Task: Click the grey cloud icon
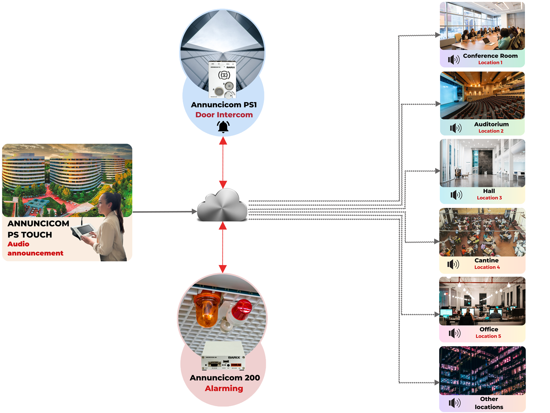[222, 206]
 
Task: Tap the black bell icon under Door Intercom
[223, 127]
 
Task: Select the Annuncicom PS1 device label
[224, 105]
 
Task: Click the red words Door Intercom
[224, 115]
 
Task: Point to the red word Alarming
[224, 388]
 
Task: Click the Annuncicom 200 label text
[224, 378]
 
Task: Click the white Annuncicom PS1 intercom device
[223, 80]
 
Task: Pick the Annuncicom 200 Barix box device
[223, 356]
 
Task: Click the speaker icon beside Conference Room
[454, 60]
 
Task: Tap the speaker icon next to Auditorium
[456, 128]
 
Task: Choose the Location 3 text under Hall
[489, 198]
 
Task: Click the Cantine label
[486, 261]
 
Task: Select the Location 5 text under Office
[488, 336]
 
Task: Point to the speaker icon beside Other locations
[454, 403]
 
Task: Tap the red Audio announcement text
[35, 248]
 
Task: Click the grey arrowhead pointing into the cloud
[194, 212]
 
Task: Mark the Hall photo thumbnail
[482, 163]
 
